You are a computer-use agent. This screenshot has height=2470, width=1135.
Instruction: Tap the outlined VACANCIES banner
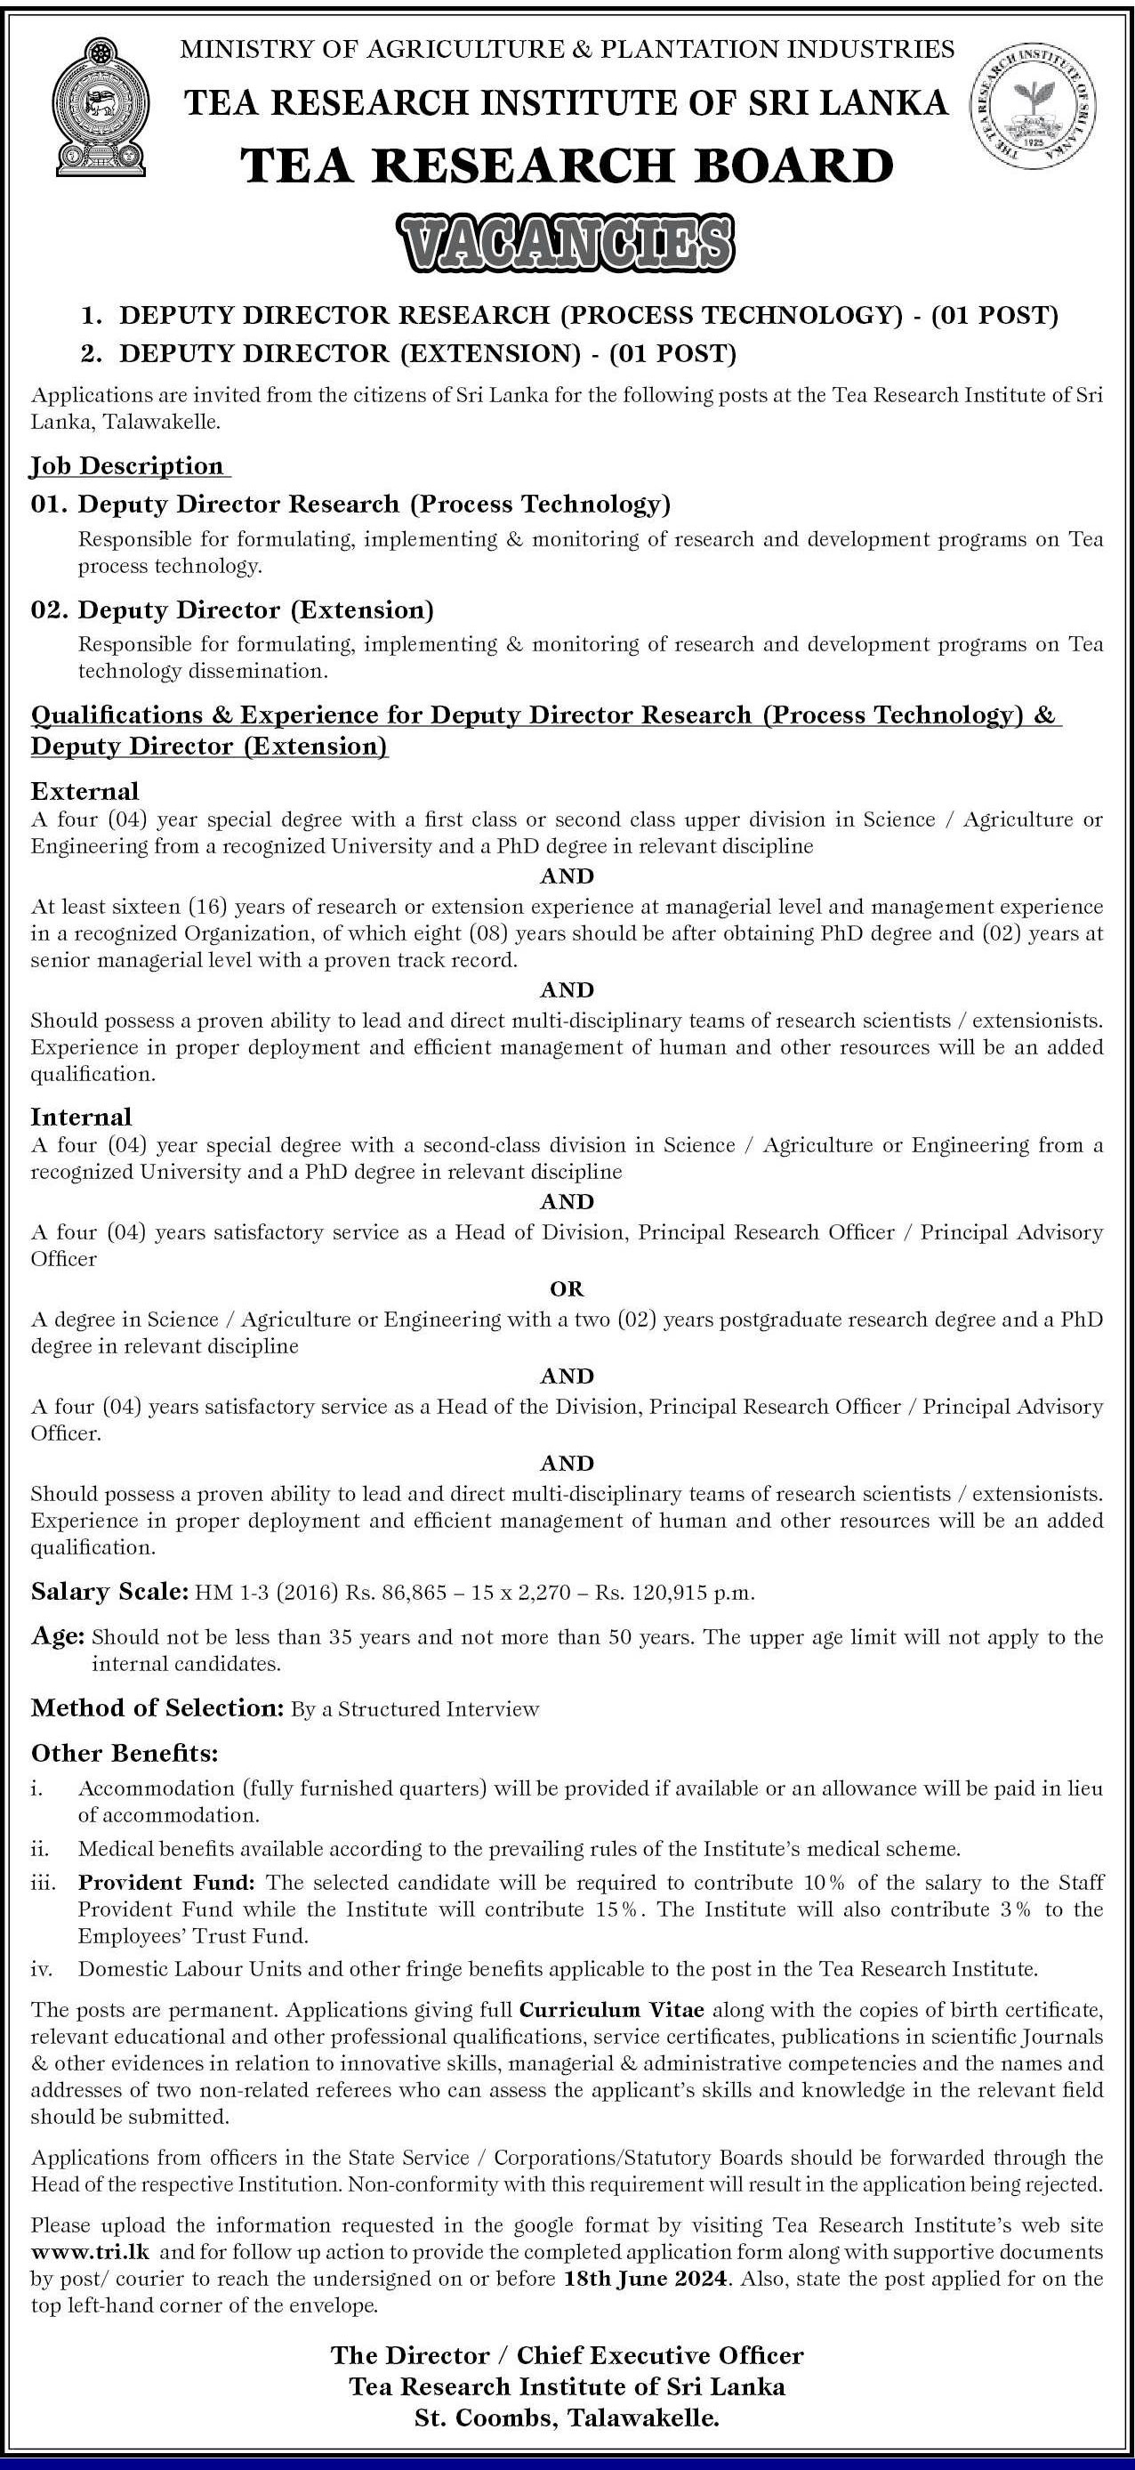[x=567, y=244]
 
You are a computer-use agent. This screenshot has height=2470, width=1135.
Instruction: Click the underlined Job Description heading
[x=127, y=466]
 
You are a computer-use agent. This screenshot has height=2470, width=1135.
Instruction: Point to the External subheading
[x=85, y=791]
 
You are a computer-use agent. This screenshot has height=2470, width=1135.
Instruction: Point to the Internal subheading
[x=82, y=1116]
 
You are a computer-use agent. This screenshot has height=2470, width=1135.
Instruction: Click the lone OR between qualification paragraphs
[x=567, y=1288]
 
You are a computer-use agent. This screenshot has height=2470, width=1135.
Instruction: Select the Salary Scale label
[x=109, y=1592]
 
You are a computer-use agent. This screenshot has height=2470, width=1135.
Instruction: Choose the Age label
[x=58, y=1637]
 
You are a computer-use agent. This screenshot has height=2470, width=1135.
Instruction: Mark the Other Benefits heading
[x=125, y=1753]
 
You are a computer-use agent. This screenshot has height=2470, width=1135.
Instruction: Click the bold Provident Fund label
[x=168, y=1882]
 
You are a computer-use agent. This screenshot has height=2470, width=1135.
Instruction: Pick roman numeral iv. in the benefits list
[x=41, y=1969]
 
